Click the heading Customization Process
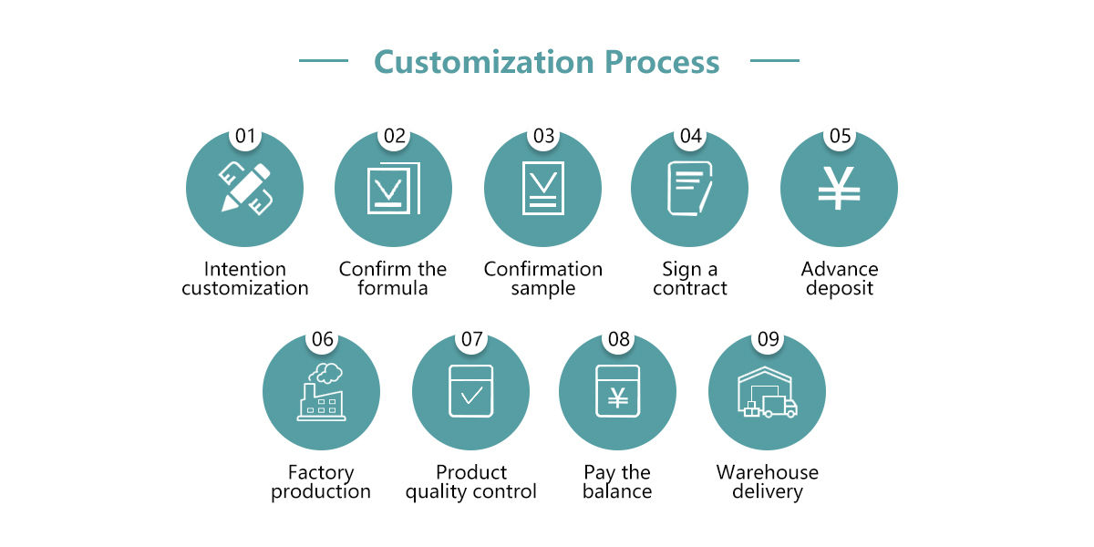546,62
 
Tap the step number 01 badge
245,137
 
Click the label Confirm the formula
393,278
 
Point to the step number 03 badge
543,137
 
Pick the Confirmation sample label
542,278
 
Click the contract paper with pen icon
690,188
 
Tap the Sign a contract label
690,278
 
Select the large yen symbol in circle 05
839,190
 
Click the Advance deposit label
839,278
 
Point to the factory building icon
321,392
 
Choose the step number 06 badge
322,340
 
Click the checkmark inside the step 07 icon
471,396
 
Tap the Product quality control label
470,481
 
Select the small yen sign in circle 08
617,397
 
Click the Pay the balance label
617,481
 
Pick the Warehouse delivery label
767,481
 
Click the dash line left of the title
324,61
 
